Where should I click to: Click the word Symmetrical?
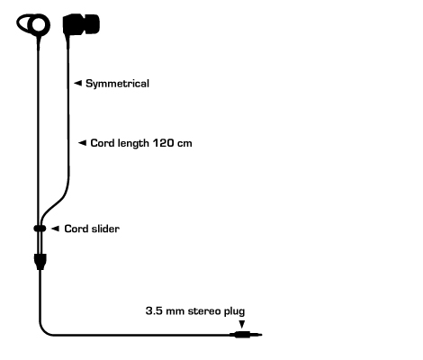point(117,84)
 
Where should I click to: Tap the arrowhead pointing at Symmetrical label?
point(77,83)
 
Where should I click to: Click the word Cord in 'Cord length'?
point(103,143)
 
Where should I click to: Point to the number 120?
point(163,143)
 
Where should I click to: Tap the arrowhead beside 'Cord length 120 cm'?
point(82,143)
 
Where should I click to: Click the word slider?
point(105,229)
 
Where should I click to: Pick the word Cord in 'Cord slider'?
point(76,229)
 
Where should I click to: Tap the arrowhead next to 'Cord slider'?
point(55,229)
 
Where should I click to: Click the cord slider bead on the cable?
point(40,229)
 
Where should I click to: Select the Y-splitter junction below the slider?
point(40,262)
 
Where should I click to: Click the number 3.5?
point(154,310)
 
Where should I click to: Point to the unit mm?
point(175,311)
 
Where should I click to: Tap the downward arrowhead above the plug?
point(242,324)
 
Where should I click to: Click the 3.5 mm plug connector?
point(246,335)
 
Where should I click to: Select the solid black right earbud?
point(81,24)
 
